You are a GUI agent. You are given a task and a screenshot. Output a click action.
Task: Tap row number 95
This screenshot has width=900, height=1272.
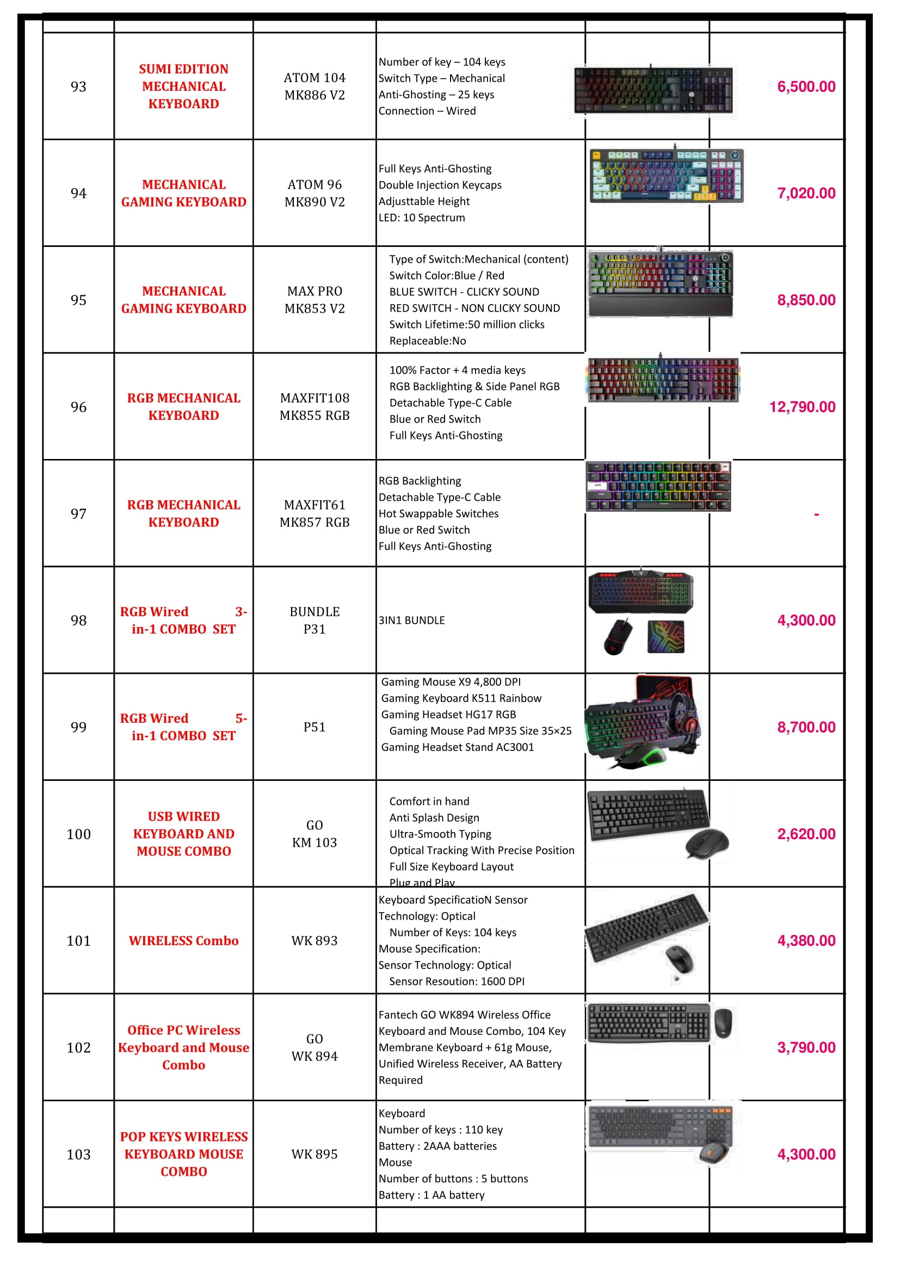click(x=78, y=300)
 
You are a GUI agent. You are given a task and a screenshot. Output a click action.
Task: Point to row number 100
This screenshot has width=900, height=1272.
click(x=78, y=834)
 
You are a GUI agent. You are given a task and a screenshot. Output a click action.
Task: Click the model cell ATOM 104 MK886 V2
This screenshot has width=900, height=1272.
click(x=314, y=86)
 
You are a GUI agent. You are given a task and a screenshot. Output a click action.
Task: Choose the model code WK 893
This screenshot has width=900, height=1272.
click(x=314, y=941)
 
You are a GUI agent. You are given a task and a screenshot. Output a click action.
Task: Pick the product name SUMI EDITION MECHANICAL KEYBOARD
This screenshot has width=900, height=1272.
click(x=183, y=86)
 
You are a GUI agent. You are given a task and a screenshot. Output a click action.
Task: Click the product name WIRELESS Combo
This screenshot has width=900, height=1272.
click(x=183, y=941)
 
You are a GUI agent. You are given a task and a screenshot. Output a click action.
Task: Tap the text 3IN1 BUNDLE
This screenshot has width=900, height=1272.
click(x=411, y=621)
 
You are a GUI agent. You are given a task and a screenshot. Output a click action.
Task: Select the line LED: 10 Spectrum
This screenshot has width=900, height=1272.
click(x=422, y=218)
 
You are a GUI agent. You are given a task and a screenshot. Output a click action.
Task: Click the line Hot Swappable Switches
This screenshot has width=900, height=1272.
click(x=439, y=513)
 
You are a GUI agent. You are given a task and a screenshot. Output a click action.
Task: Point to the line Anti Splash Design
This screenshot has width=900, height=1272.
click(x=434, y=818)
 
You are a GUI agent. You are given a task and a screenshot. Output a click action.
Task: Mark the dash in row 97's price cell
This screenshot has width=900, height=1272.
click(x=816, y=514)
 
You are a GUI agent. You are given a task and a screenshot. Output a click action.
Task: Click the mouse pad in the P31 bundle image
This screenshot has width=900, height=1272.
click(x=665, y=637)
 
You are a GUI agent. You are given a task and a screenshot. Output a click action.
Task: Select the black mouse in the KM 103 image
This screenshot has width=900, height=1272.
click(x=707, y=844)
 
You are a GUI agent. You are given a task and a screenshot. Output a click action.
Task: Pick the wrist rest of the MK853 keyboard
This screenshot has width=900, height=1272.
click(x=659, y=307)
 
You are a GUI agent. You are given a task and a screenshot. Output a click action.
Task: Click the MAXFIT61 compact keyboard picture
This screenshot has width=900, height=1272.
click(x=658, y=486)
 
